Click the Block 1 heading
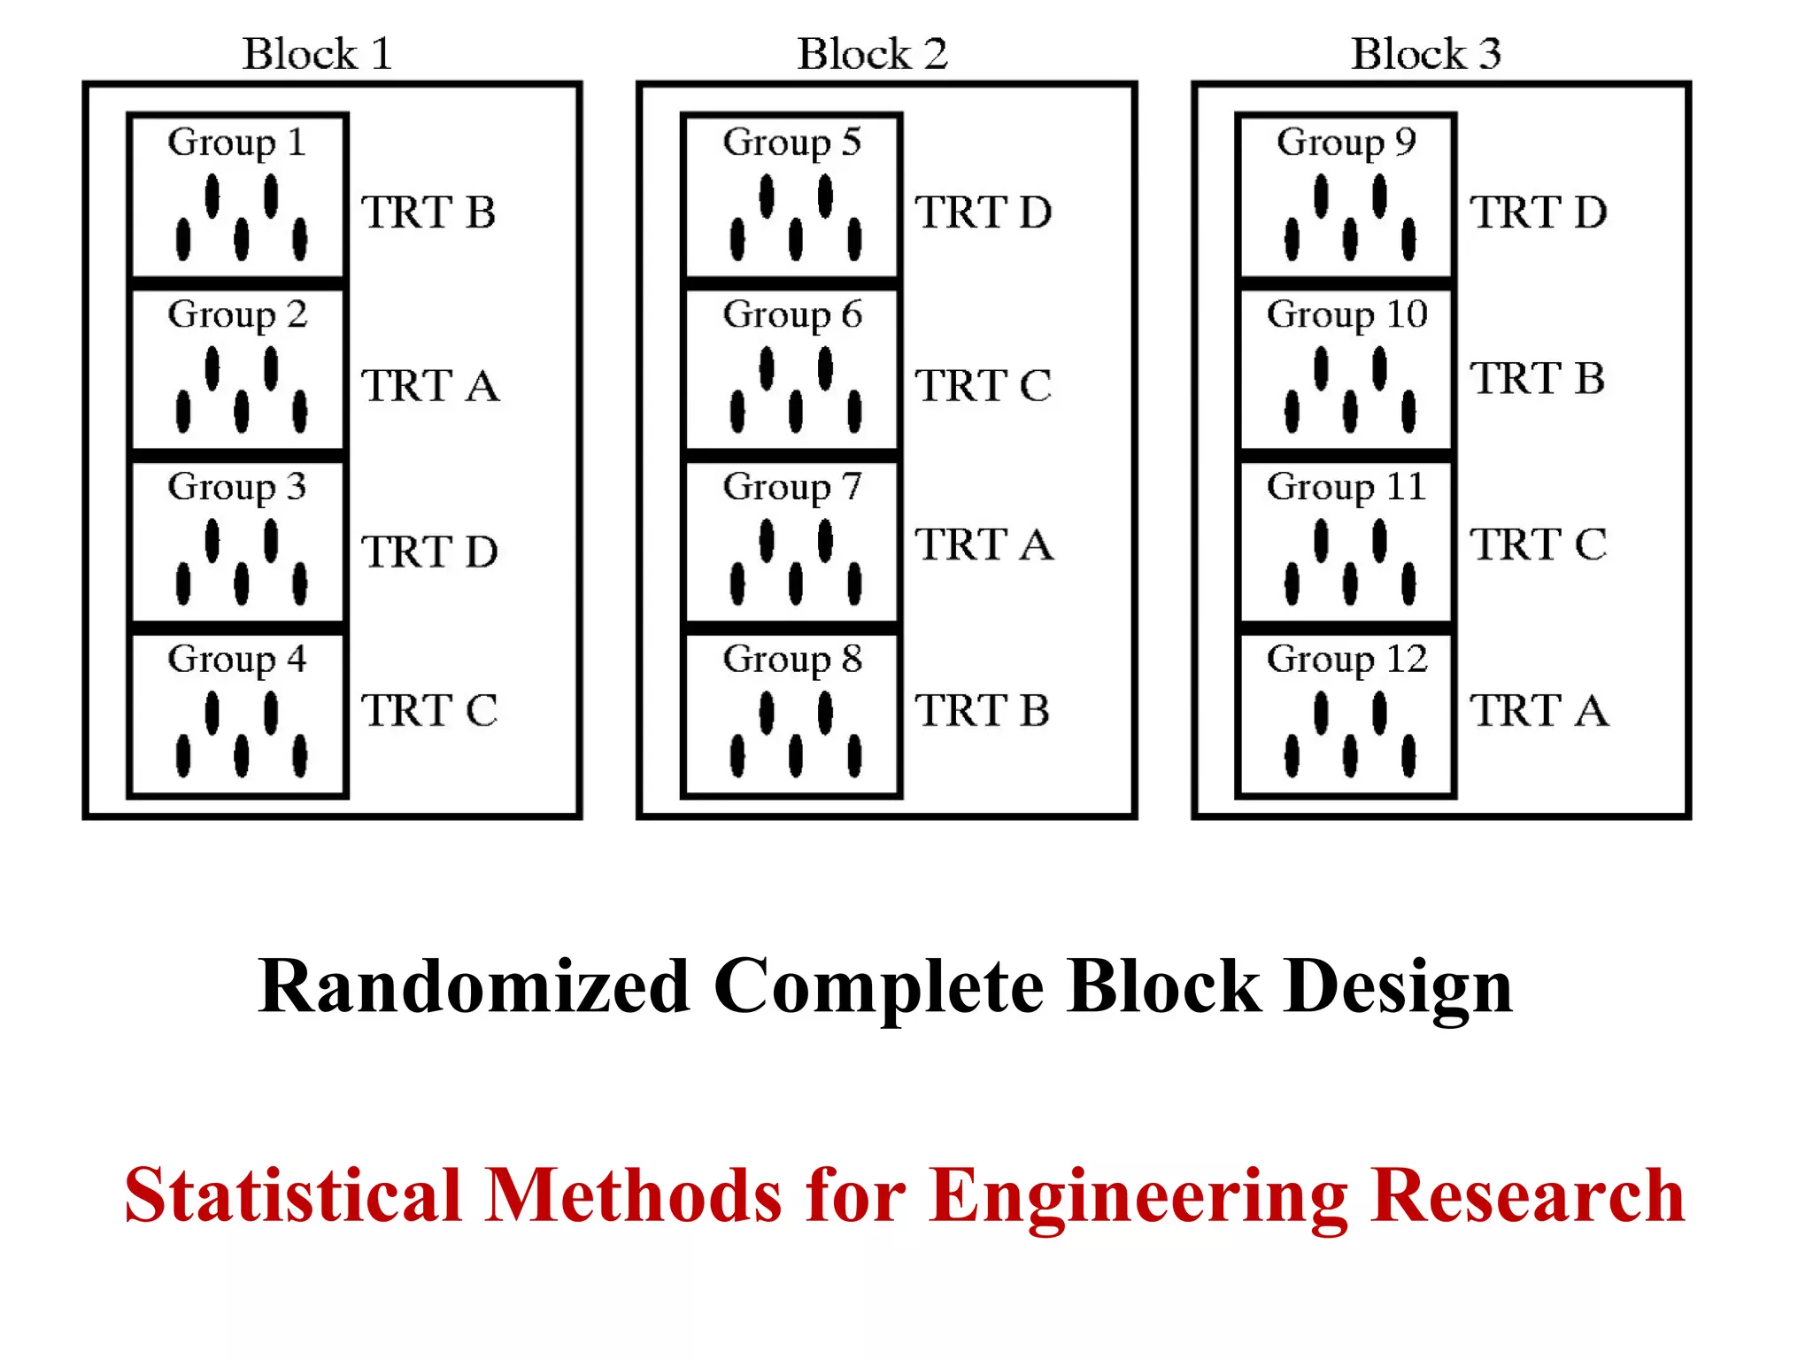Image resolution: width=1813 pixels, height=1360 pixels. pyautogui.click(x=317, y=55)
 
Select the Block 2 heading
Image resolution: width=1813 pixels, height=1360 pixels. pyautogui.click(x=872, y=55)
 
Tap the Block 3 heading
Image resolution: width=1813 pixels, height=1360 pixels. pyautogui.click(x=1425, y=55)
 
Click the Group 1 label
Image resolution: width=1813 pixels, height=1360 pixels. pyautogui.click(x=236, y=143)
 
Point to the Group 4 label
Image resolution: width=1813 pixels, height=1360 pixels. pyautogui.click(x=236, y=660)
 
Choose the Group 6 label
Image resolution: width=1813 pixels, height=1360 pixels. pyautogui.click(x=791, y=315)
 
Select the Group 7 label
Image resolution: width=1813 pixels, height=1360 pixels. pyautogui.click(x=791, y=487)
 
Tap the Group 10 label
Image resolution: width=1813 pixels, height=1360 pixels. pyautogui.click(x=1346, y=315)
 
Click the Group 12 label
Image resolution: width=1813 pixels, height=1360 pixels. pyautogui.click(x=1346, y=660)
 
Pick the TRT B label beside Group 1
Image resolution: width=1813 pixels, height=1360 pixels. pyautogui.click(x=428, y=212)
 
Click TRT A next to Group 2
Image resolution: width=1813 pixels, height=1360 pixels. pyautogui.click(x=430, y=386)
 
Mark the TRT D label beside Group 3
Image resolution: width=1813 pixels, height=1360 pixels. pyautogui.click(x=430, y=552)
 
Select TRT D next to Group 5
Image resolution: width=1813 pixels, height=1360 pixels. pyautogui.click(x=984, y=212)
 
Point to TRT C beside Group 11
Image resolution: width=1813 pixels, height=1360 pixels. pyautogui.click(x=1539, y=545)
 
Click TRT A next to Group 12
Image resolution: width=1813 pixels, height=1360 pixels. pyautogui.click(x=1539, y=711)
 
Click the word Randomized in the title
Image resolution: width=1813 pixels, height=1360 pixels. pyautogui.click(x=474, y=986)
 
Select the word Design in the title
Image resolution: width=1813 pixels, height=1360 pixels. pyautogui.click(x=1399, y=986)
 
